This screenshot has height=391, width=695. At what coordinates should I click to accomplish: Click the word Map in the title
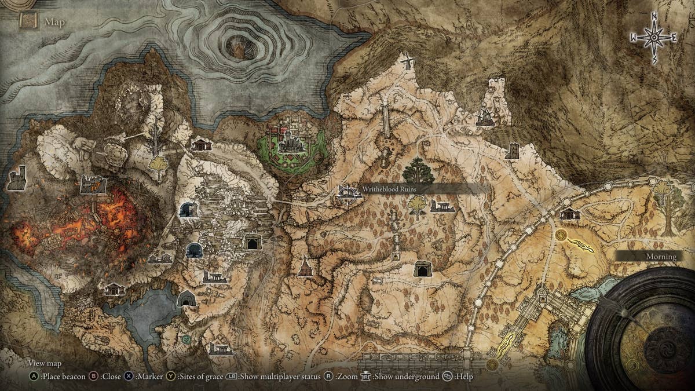point(55,23)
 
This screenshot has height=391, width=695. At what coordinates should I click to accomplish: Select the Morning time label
point(661,256)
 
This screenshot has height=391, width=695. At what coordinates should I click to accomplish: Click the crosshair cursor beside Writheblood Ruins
point(348,195)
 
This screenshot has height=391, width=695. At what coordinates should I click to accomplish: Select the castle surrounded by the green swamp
point(293,141)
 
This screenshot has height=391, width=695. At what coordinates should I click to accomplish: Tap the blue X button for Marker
point(129,377)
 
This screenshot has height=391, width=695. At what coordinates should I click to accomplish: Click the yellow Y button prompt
point(171,377)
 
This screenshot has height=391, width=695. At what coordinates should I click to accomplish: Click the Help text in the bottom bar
point(463,377)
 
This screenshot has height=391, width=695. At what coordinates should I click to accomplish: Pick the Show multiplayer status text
point(280,377)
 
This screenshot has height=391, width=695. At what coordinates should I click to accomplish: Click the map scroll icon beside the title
point(28,21)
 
